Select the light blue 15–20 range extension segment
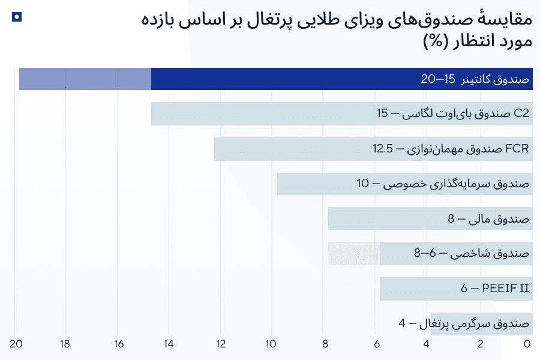pos(85,79)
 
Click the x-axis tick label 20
pos(16,344)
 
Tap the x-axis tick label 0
pos(527,344)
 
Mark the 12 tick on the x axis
pos(221,344)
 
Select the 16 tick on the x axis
pos(118,344)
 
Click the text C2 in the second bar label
pos(522,113)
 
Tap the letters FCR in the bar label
pos(518,149)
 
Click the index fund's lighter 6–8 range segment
pos(354,253)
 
